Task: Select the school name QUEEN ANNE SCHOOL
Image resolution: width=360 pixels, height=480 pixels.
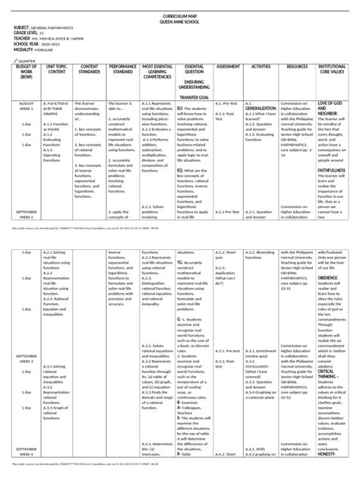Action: pos(179,21)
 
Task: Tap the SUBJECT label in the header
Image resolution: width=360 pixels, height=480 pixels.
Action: pos(24,27)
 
